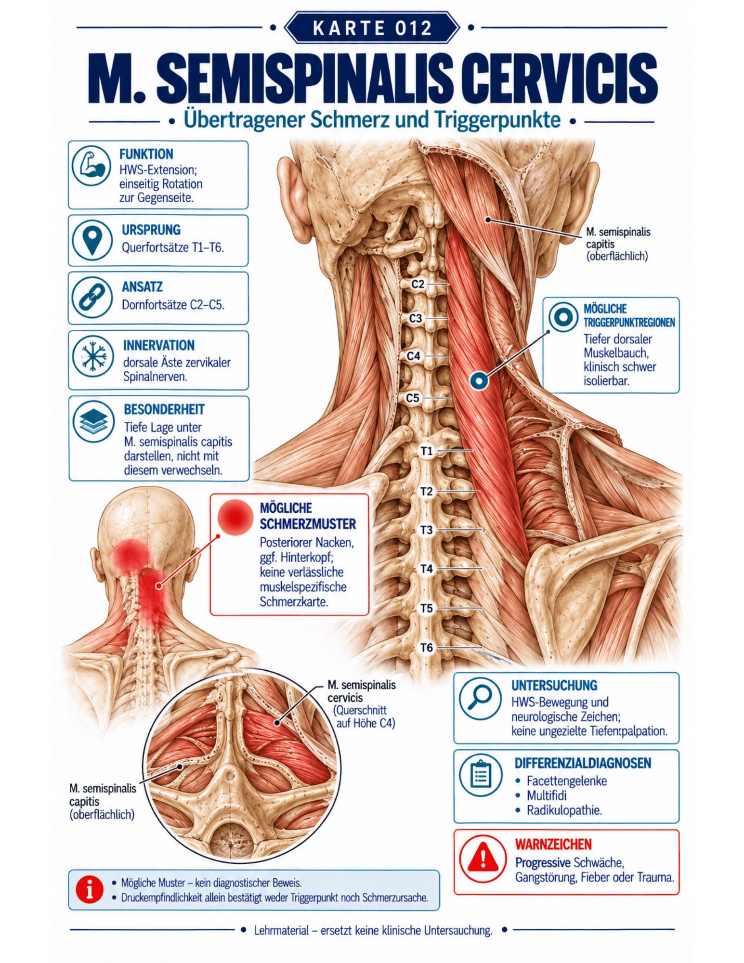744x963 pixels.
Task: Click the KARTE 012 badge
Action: tap(372, 28)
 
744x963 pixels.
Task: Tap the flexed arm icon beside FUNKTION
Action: tap(91, 166)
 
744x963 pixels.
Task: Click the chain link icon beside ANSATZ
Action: tap(92, 297)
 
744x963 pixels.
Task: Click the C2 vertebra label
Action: tap(418, 284)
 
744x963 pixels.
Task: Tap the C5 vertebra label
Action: tap(413, 398)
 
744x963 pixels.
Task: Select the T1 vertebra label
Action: tap(427, 451)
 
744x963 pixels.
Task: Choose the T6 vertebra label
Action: tap(427, 648)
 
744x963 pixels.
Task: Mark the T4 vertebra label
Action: tap(427, 569)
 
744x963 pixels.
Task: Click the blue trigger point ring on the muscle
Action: tap(479, 381)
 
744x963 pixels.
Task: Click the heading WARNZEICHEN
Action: tap(553, 844)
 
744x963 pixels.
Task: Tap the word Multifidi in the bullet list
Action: tap(547, 795)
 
